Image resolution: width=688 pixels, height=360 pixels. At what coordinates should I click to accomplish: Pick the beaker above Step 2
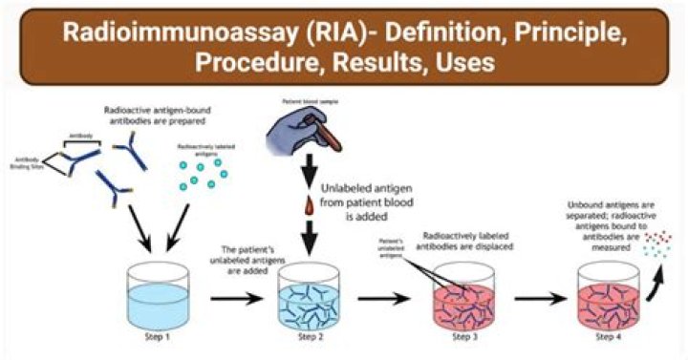point(305,294)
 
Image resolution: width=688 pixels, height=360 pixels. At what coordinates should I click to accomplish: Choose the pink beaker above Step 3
point(452,294)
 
